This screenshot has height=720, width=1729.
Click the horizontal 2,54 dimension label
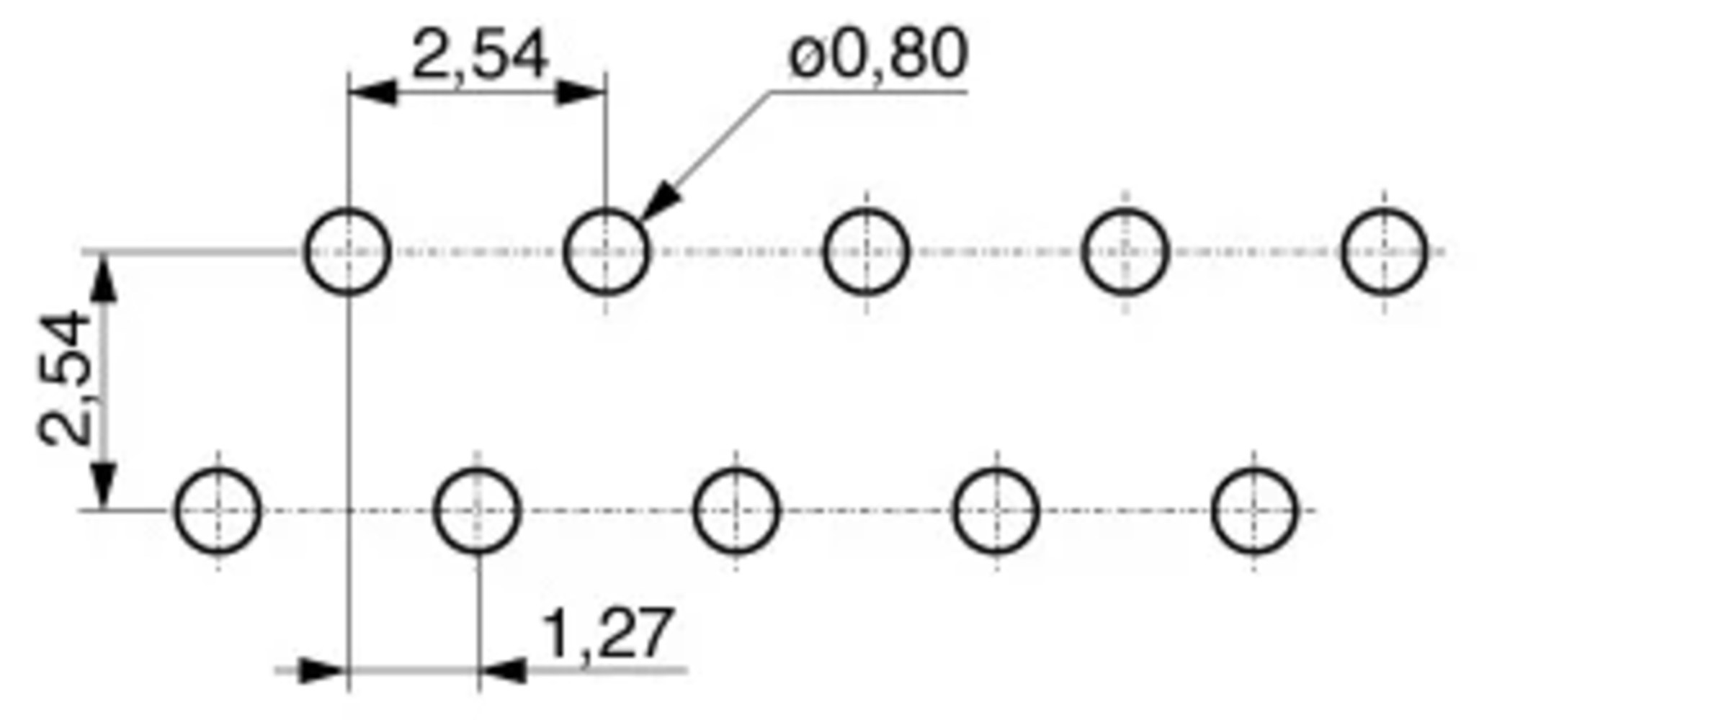479,55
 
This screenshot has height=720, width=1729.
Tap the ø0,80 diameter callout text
878,54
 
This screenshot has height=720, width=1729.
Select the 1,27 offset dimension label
607,634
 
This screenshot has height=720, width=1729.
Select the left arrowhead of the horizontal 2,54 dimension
372,92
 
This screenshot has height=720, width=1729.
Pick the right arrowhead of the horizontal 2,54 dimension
581,92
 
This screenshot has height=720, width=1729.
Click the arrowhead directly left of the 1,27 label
502,670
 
